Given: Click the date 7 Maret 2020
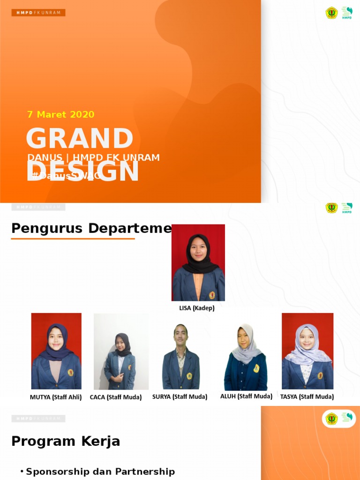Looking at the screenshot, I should (61, 114).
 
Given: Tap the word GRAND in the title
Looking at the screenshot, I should (80, 139).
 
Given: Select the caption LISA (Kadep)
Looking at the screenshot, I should (197, 308).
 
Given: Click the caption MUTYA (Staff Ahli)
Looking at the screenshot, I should (56, 397).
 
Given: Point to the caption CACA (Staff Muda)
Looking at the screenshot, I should (116, 397).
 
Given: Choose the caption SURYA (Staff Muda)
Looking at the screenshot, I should (180, 397).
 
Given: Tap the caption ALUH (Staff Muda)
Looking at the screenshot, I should (246, 396).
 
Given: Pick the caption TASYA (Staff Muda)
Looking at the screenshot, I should (307, 397).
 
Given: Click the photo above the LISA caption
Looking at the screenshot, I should (198, 262).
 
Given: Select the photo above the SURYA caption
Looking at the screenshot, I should (181, 356).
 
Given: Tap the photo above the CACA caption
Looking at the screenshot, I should (121, 352).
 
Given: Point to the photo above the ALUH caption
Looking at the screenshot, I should (246, 356).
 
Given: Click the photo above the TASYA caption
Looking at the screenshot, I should (307, 351).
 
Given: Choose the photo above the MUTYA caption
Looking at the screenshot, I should (56, 351).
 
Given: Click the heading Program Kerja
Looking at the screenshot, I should (66, 441).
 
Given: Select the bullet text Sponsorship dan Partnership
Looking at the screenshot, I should (100, 472).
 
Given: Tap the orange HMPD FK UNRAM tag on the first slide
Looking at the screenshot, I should (38, 13).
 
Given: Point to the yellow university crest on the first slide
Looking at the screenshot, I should (331, 13).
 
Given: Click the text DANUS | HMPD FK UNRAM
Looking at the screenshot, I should (94, 157).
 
